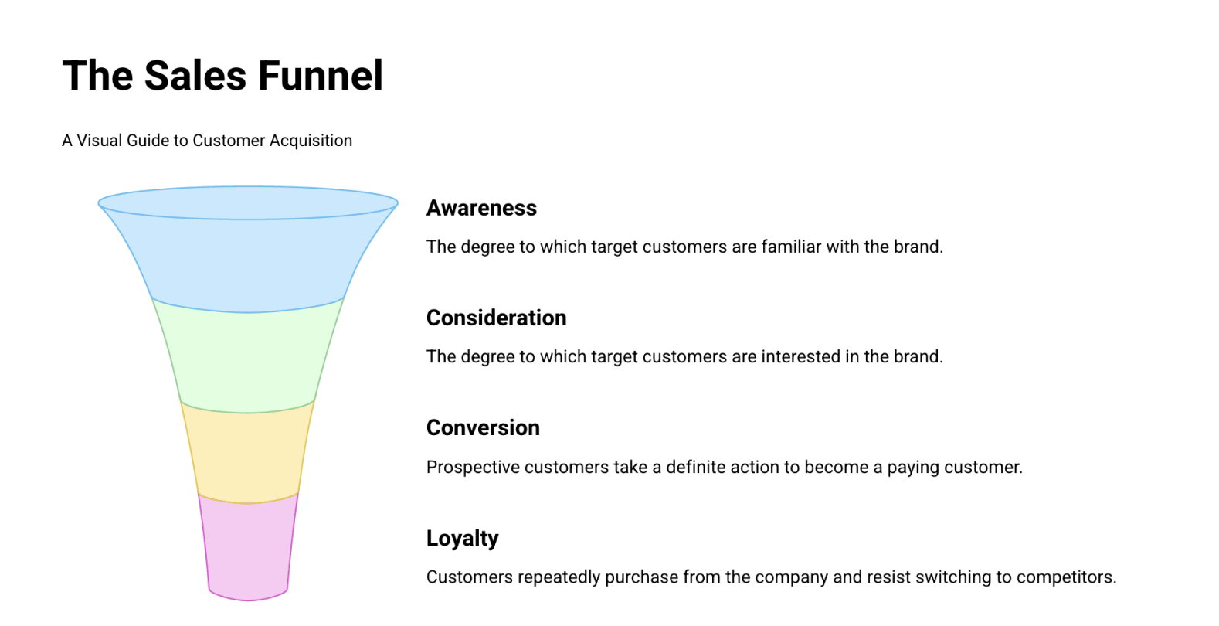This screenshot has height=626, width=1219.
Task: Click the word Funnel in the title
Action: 320,76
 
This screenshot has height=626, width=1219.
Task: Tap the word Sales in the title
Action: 195,76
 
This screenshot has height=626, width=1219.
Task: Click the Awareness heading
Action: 481,208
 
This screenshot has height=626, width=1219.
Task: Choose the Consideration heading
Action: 496,318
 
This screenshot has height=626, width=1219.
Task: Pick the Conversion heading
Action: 483,427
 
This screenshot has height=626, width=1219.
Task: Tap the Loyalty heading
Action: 462,538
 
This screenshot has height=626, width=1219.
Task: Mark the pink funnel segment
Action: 248,549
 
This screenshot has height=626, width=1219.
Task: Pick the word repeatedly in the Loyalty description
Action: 558,577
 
